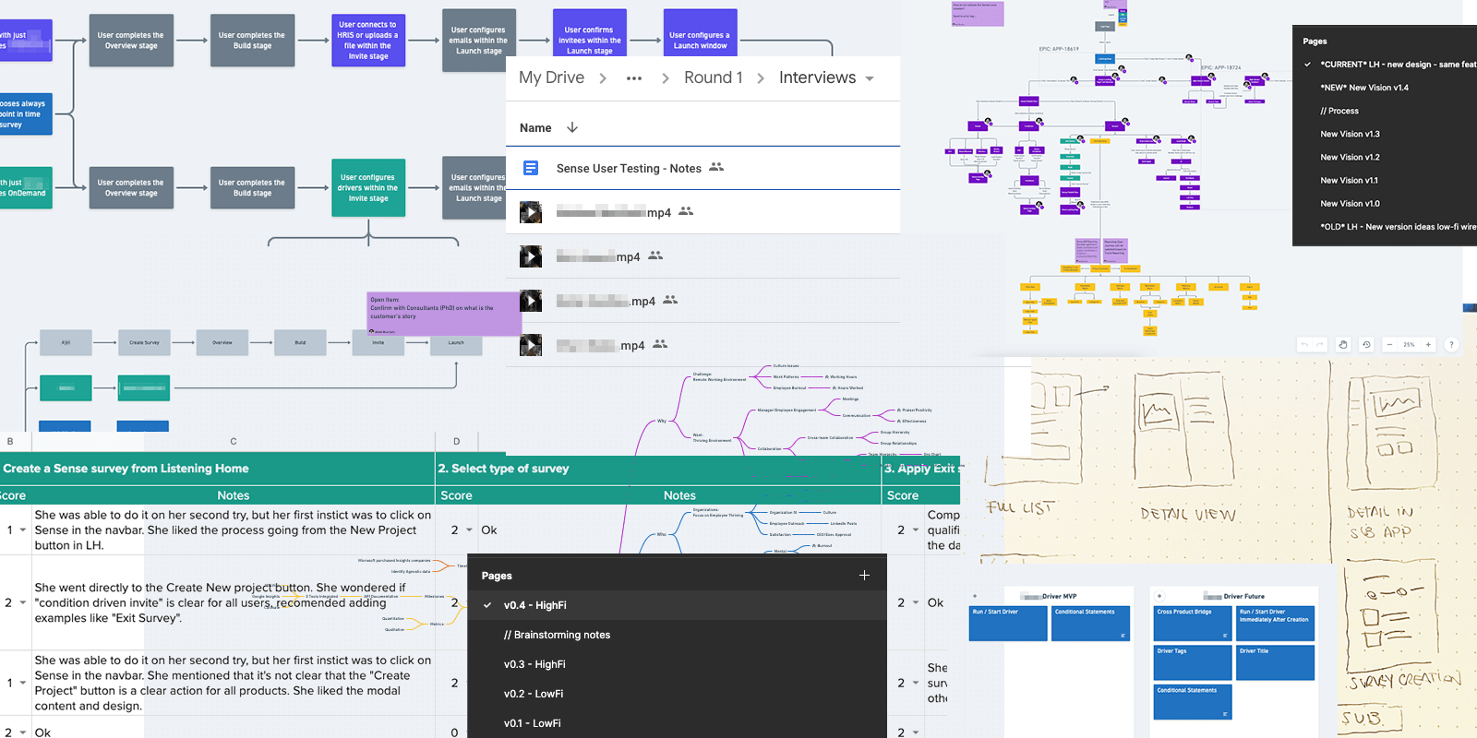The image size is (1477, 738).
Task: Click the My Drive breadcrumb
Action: point(551,78)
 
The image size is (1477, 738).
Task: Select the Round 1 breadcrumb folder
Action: point(713,78)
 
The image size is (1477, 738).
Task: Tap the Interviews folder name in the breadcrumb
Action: point(817,78)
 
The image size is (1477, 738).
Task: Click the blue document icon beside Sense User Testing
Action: point(531,168)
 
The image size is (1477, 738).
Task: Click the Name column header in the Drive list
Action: point(535,128)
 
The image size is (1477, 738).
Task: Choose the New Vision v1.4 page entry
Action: point(1363,88)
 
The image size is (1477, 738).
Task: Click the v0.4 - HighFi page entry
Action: point(534,605)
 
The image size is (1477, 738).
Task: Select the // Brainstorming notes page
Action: point(557,635)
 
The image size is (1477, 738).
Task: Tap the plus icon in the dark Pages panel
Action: point(864,576)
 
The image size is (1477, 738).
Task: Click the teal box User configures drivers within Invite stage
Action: point(368,188)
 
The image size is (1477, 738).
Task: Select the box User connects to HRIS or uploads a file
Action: point(368,41)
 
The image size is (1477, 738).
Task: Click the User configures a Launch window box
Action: point(700,41)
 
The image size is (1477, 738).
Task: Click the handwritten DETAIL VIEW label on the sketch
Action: point(1187,515)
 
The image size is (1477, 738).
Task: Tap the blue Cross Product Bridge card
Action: point(1193,623)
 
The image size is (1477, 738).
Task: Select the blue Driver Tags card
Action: point(1193,661)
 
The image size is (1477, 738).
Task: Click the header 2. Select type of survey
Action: point(503,469)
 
